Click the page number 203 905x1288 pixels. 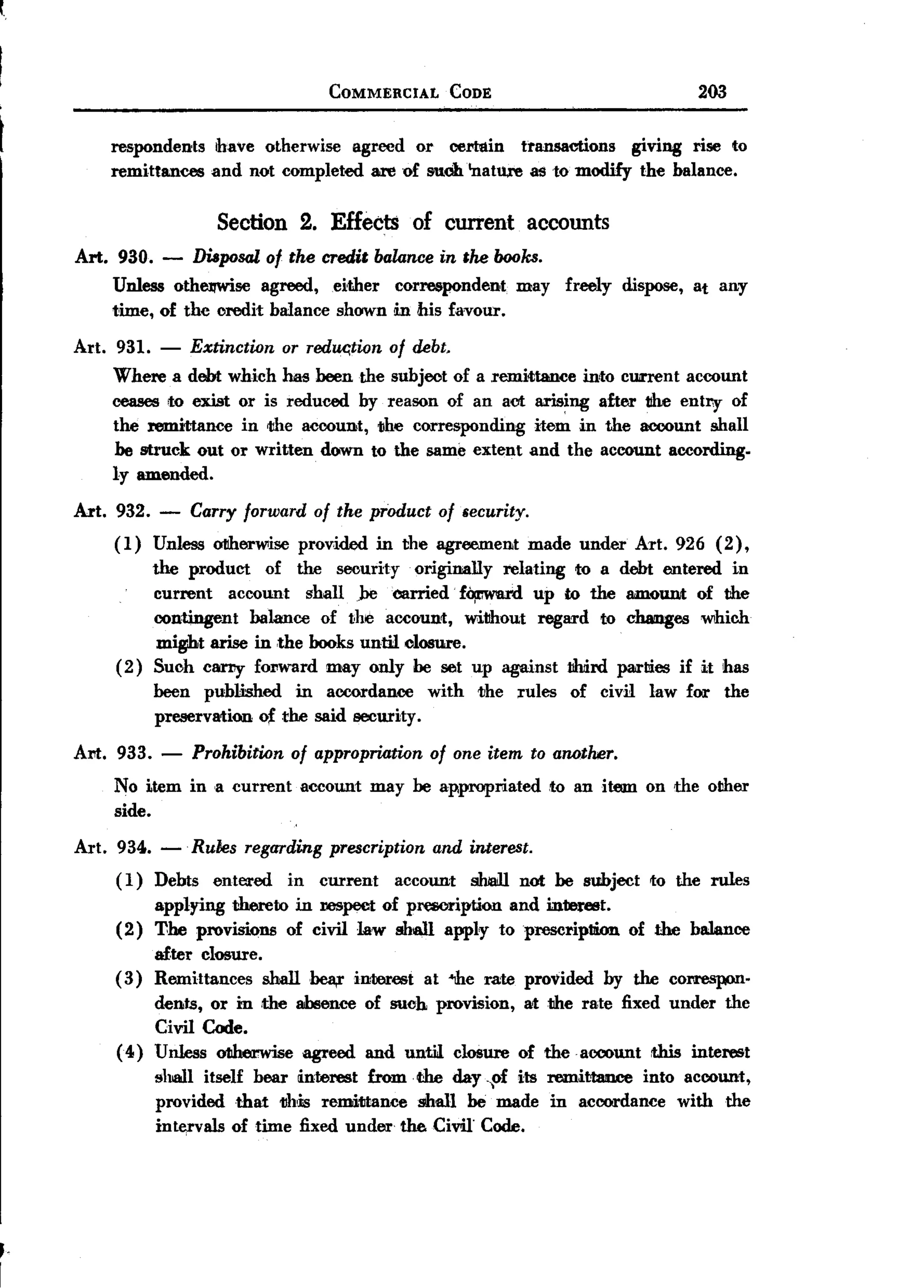point(711,91)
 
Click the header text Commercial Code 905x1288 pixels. point(410,92)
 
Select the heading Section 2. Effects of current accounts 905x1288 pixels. point(412,222)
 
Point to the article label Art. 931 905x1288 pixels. point(113,347)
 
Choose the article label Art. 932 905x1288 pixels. point(112,511)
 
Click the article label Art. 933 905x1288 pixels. point(113,752)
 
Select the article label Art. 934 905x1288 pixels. point(113,847)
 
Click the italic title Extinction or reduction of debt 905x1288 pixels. point(320,347)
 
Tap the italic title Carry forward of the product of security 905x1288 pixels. point(359,511)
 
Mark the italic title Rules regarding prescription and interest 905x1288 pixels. point(362,847)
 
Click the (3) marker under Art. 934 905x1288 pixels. point(129,979)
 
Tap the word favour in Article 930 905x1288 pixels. point(476,310)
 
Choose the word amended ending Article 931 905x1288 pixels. point(174,475)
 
